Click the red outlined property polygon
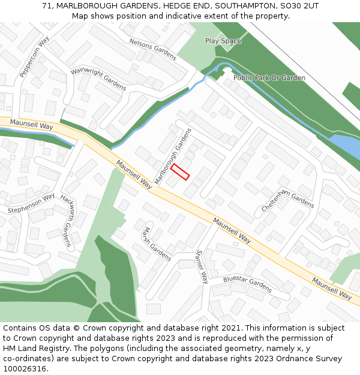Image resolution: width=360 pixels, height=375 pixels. click(180, 173)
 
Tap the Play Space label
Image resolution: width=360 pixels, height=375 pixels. click(223, 41)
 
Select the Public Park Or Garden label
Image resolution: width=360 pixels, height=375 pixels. click(269, 78)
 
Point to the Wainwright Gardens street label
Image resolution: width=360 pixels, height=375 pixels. click(98, 79)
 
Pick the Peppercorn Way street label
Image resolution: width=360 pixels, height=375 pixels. click(34, 57)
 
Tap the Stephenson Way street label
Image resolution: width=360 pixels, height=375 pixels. click(31, 203)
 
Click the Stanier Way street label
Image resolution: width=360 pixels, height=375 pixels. click(202, 266)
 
